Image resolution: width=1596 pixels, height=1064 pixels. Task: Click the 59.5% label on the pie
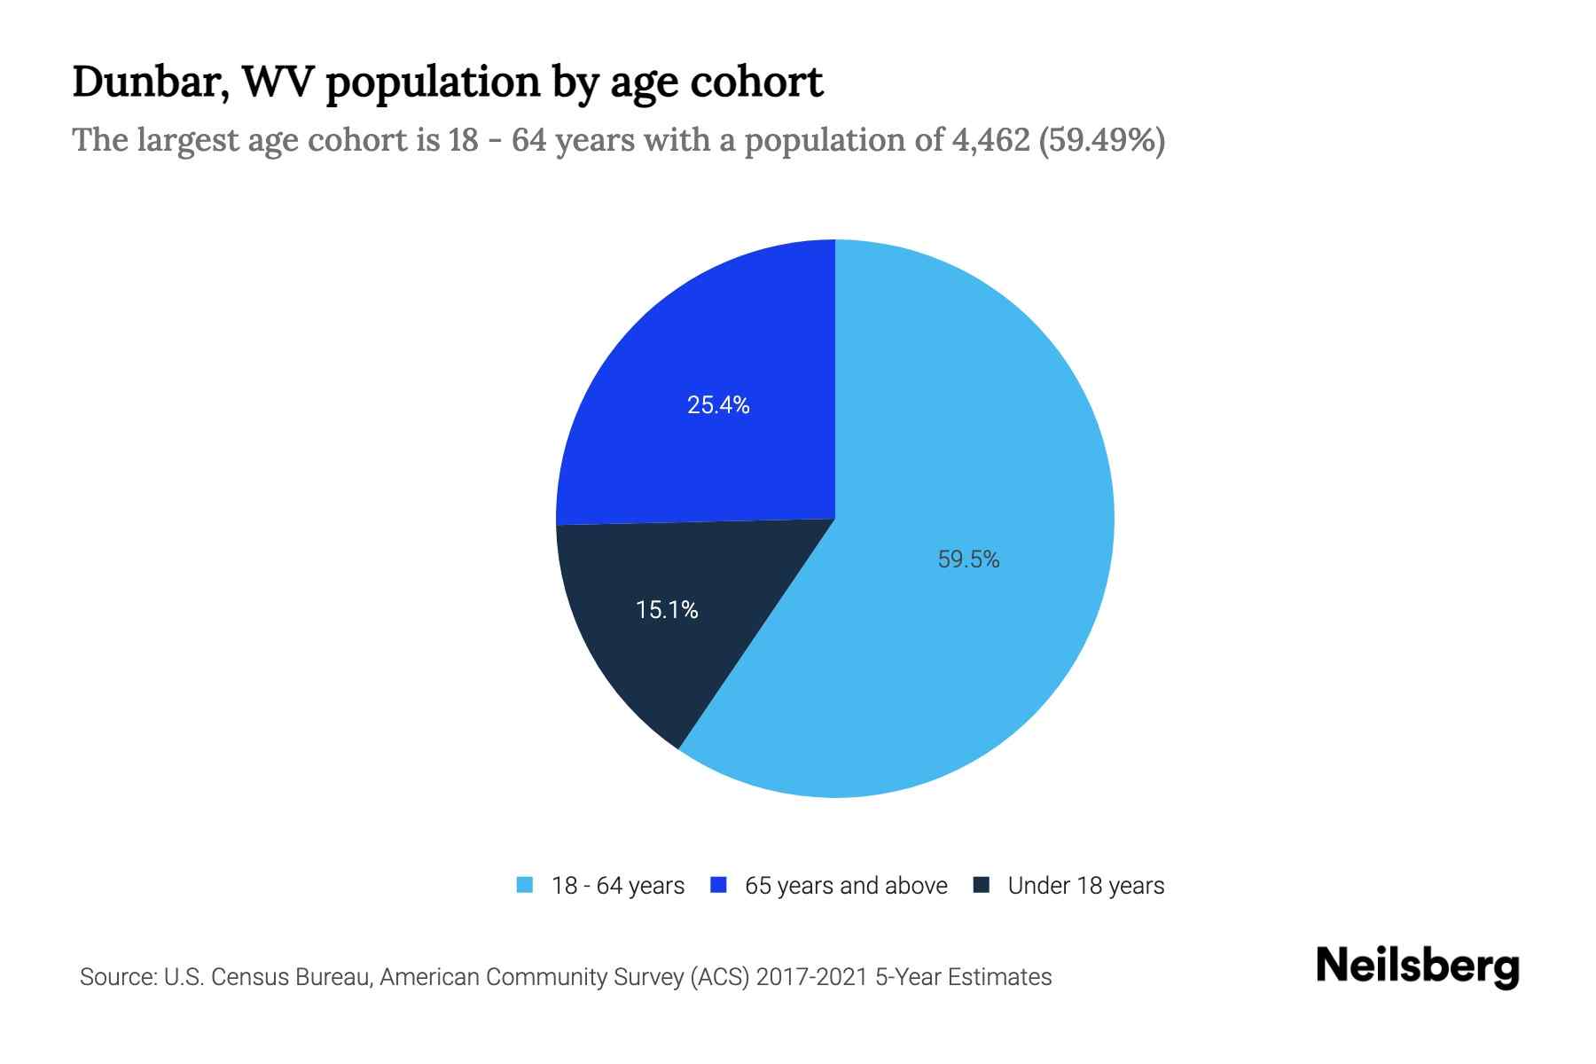pos(968,559)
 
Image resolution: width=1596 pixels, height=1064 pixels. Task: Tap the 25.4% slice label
pos(718,405)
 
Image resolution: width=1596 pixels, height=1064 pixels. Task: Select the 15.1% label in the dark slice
pos(667,610)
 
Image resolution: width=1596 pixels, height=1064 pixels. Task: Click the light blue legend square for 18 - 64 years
pos(525,886)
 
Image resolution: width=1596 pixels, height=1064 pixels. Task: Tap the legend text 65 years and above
pos(846,886)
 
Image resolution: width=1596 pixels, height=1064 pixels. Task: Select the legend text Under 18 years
pos(1085,886)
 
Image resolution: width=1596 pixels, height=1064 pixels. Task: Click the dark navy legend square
pos(982,886)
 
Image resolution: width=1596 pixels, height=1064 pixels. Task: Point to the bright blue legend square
pos(719,886)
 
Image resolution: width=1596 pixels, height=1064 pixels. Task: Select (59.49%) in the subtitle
pos(1101,140)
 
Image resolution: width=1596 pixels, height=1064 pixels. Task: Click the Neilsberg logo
pos(1417,966)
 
